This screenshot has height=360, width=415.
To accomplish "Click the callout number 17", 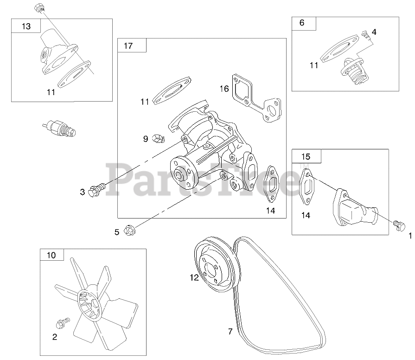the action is click(128, 45).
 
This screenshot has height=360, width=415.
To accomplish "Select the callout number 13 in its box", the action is click(26, 26).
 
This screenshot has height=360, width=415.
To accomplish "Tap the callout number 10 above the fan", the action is click(51, 255).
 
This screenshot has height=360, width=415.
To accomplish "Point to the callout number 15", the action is click(306, 156).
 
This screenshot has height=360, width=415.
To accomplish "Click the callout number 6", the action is click(302, 23).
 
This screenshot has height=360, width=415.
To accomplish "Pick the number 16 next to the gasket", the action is click(224, 88).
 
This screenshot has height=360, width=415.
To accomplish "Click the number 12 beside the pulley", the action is click(194, 277).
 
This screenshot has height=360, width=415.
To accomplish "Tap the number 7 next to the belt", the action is click(230, 331).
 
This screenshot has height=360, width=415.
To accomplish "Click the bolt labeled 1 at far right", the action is click(397, 225).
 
